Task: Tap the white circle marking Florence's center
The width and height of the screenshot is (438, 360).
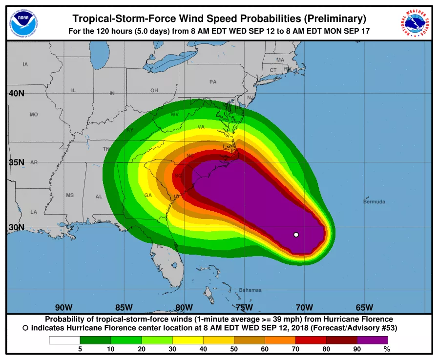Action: [296, 235]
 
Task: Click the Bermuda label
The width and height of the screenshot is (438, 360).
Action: [374, 201]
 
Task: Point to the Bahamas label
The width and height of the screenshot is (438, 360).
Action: [250, 290]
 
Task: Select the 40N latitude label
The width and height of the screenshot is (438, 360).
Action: [17, 93]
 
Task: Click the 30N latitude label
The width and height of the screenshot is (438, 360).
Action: [17, 227]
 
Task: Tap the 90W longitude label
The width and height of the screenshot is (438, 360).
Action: [64, 307]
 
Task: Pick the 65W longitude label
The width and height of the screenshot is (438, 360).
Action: [364, 307]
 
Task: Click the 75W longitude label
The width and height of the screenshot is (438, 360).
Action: [244, 307]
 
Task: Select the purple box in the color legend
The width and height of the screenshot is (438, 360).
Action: [372, 340]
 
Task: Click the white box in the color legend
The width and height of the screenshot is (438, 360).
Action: [64, 340]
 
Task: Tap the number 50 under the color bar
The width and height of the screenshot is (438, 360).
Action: [234, 349]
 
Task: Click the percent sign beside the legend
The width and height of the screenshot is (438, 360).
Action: [387, 349]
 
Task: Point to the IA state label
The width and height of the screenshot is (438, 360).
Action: [25, 64]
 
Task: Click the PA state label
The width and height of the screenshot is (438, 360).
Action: [213, 82]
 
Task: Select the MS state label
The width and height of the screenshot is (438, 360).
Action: [70, 195]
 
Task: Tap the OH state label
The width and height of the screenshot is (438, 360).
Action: [154, 91]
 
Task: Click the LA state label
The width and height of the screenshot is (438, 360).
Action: [33, 212]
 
